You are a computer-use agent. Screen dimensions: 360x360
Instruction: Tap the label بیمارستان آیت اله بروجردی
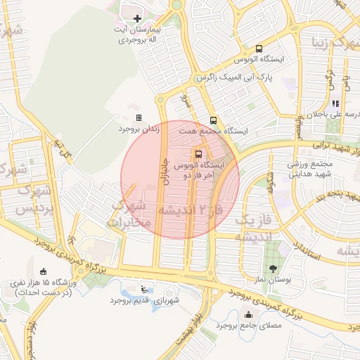(139, 37)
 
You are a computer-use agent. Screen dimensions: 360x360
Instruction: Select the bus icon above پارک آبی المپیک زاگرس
(259, 49)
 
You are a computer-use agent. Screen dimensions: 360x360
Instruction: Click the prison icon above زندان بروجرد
(139, 117)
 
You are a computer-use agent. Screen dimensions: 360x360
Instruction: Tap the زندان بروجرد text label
(139, 129)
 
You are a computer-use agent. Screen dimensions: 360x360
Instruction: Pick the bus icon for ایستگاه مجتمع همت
(213, 120)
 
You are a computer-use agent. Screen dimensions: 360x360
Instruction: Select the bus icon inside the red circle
(198, 153)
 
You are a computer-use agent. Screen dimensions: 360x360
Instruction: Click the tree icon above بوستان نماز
(273, 268)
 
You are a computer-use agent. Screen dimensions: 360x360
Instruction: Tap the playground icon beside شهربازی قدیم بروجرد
(145, 288)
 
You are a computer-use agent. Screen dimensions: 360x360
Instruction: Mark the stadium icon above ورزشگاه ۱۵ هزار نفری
(44, 271)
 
